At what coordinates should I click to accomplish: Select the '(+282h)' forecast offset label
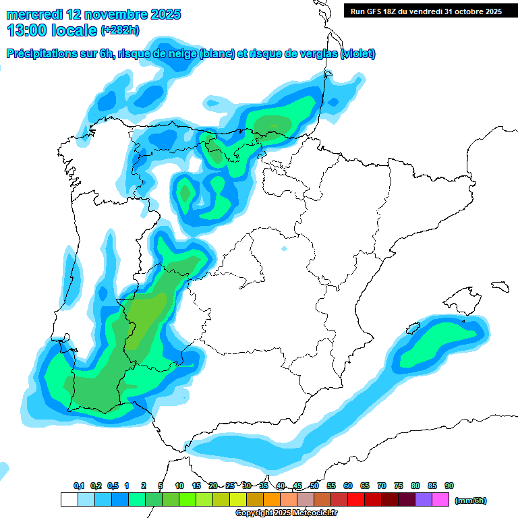tap(120, 30)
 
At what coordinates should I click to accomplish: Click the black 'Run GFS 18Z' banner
tap(426, 11)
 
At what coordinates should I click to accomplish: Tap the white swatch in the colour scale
tap(69, 500)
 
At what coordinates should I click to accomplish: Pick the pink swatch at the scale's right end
tap(440, 500)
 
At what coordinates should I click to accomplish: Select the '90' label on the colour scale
tap(449, 486)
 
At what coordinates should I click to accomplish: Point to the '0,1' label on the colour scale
tap(79, 486)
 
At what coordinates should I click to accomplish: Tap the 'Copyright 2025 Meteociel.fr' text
tap(286, 513)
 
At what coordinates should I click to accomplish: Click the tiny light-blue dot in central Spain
tap(284, 250)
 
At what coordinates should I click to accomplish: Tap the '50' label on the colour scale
tap(314, 486)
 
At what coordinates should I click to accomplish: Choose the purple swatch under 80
tap(424, 500)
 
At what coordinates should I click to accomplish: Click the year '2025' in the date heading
tap(162, 14)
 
